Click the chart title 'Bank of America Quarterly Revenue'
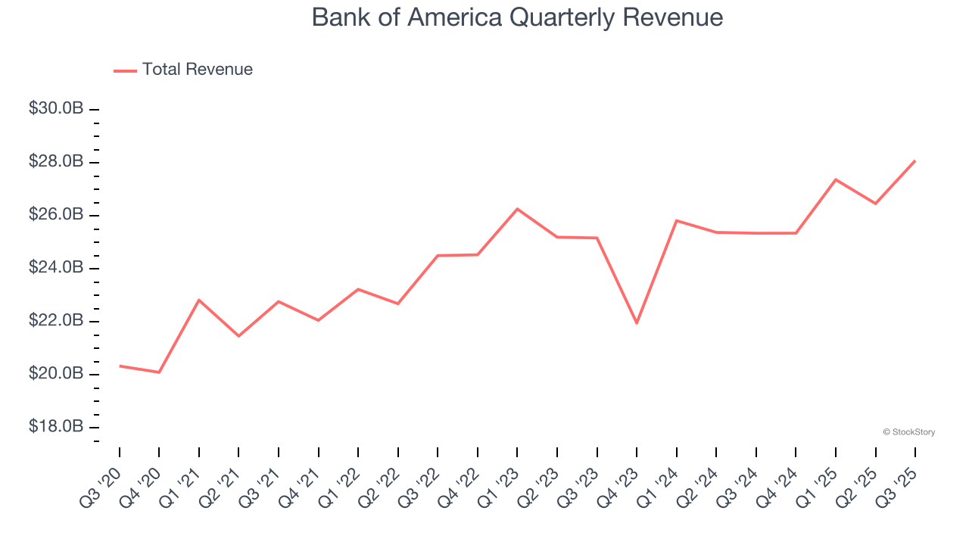pos(517,17)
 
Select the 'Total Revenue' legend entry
pos(197,70)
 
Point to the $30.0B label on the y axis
pos(56,109)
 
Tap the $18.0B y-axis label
pos(56,427)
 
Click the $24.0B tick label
pos(56,268)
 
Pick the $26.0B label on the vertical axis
pos(56,215)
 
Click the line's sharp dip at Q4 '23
pos(637,323)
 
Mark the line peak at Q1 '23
pos(517,209)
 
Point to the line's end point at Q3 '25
pos(914,160)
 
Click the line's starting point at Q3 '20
pos(120,366)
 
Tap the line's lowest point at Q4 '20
pos(159,372)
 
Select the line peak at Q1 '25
pos(835,179)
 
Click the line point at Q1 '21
pos(199,300)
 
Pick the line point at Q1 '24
pos(676,220)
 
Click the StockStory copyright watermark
pos(908,432)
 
